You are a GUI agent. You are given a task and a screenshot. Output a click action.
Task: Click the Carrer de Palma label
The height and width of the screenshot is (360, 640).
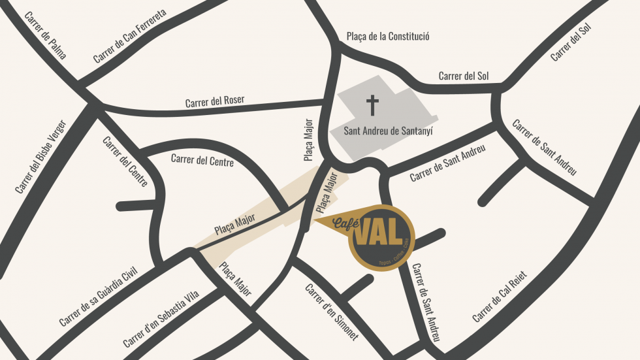click(x=45, y=35)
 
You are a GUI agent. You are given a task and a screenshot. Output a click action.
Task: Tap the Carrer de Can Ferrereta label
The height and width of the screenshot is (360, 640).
click(x=130, y=36)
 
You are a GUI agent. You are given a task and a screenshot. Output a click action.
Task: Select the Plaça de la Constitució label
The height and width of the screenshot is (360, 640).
click(x=387, y=37)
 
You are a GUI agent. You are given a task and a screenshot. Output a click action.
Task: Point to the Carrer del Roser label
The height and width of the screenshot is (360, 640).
click(x=215, y=101)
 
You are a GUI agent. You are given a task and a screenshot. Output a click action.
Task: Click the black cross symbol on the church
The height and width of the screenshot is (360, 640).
click(x=372, y=105)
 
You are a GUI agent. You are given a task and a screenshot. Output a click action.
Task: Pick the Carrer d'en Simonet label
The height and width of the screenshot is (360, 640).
click(x=332, y=312)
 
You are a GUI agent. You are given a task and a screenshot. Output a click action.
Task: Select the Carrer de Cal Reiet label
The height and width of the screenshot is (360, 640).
click(x=500, y=297)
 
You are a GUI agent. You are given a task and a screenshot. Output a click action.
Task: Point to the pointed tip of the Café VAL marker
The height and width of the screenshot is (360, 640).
click(x=316, y=221)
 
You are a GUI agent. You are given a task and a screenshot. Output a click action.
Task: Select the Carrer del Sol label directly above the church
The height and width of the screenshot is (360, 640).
click(x=464, y=76)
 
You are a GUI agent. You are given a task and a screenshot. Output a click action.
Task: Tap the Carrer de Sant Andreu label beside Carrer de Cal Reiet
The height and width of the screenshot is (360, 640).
click(x=426, y=303)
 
